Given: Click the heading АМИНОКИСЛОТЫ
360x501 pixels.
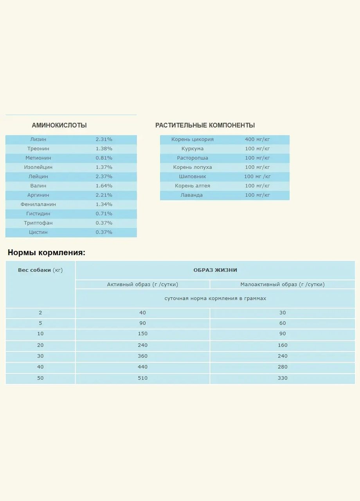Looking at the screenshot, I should pos(59,126).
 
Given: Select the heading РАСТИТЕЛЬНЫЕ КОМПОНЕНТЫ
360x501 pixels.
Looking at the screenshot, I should pos(205,126).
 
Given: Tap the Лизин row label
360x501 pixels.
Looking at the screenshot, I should pos(38,139).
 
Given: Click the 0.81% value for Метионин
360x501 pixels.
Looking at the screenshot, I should pos(104,158).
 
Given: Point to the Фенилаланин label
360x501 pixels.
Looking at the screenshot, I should pos(38,204).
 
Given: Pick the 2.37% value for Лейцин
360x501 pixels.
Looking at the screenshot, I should pos(104,177).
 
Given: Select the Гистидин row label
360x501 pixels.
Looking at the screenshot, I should pos(38,214).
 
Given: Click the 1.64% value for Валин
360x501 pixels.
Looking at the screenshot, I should pos(104,186).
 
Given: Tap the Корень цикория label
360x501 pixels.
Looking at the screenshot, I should pos(193,139).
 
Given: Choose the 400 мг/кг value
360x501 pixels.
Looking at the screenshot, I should pos(257,139).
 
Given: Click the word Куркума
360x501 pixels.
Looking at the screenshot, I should pos(193,149).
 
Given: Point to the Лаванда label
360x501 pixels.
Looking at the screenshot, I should pos(192,195).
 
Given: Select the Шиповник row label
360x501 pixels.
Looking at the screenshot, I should pos(193,177).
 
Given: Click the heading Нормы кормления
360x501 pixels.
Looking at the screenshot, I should pos(47,253).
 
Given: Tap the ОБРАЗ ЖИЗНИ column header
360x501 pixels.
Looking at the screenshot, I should pos(215,270).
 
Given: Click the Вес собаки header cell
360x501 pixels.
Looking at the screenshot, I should pos(40,270).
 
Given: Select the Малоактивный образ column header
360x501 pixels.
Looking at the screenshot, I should pos(283,285).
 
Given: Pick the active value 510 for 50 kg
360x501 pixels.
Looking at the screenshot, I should pos(142,378).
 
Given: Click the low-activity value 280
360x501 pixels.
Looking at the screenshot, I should pos(283,367).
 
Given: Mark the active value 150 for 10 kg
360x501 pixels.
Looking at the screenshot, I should pos(142,334).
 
